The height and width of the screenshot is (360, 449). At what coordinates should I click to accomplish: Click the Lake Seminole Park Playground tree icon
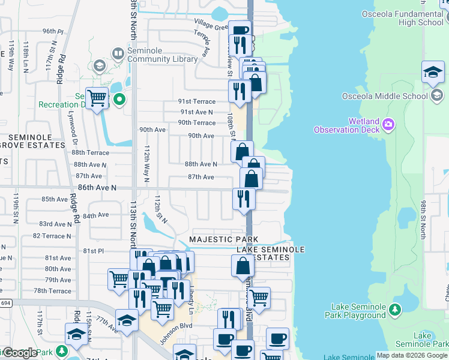point(395,310)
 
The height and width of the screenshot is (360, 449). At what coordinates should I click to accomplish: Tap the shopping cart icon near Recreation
point(97,98)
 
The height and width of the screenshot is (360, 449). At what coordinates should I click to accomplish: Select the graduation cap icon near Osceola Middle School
point(433,73)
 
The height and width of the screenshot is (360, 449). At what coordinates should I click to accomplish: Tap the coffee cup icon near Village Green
point(240,29)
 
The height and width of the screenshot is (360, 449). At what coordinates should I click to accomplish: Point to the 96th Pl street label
point(53,31)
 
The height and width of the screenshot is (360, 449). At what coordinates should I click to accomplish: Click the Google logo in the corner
point(19,353)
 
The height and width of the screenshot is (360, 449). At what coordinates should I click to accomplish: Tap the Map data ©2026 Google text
point(412,355)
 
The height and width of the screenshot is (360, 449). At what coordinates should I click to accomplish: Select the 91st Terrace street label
point(197,101)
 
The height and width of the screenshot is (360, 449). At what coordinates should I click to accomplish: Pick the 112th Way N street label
point(146,162)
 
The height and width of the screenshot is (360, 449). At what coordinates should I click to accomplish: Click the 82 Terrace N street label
point(52,236)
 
